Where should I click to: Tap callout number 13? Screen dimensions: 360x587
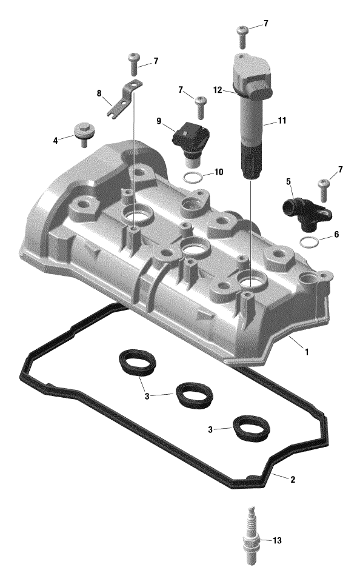click(277, 540)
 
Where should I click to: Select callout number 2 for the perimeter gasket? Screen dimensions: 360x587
click(293, 480)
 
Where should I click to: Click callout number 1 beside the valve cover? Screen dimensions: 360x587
click(307, 352)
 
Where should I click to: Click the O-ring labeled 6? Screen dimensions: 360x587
click(309, 242)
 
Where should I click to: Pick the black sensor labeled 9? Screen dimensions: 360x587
click(190, 141)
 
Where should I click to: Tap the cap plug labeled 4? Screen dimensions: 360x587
click(84, 133)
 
